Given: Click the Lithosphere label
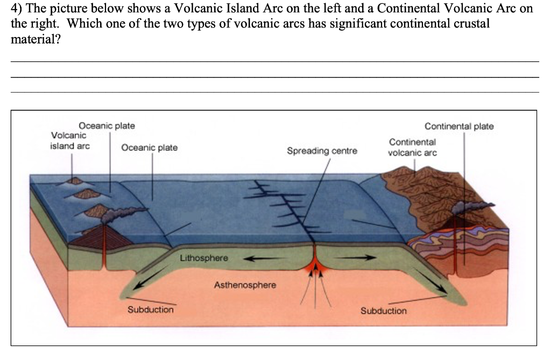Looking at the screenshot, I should click(x=203, y=258).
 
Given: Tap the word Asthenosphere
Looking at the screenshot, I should click(x=245, y=285).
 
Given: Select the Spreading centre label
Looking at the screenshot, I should click(x=322, y=151).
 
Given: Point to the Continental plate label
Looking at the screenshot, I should click(x=459, y=126).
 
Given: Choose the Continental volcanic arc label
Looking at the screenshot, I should click(x=412, y=147).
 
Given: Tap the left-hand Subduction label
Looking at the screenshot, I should click(x=151, y=309).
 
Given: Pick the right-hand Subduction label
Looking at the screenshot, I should click(x=384, y=311).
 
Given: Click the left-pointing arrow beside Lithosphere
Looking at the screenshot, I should click(x=263, y=259).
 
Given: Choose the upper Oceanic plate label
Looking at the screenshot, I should click(x=107, y=126).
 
